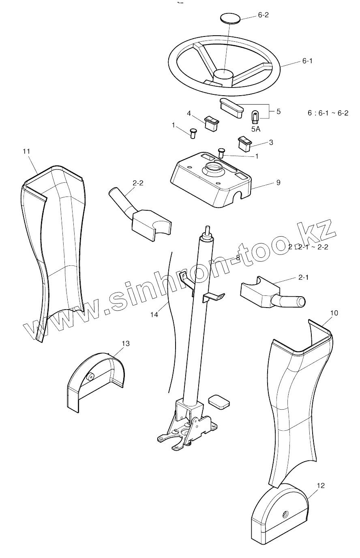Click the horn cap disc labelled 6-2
[229, 18]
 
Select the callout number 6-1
[307, 61]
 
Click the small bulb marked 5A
[255, 117]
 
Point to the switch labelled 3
[244, 143]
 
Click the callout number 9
[278, 182]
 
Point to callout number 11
[26, 151]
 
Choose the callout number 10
[334, 313]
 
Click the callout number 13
[126, 344]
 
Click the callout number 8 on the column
[238, 257]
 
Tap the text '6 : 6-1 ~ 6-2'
[328, 113]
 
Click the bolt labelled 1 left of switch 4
[193, 133]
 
